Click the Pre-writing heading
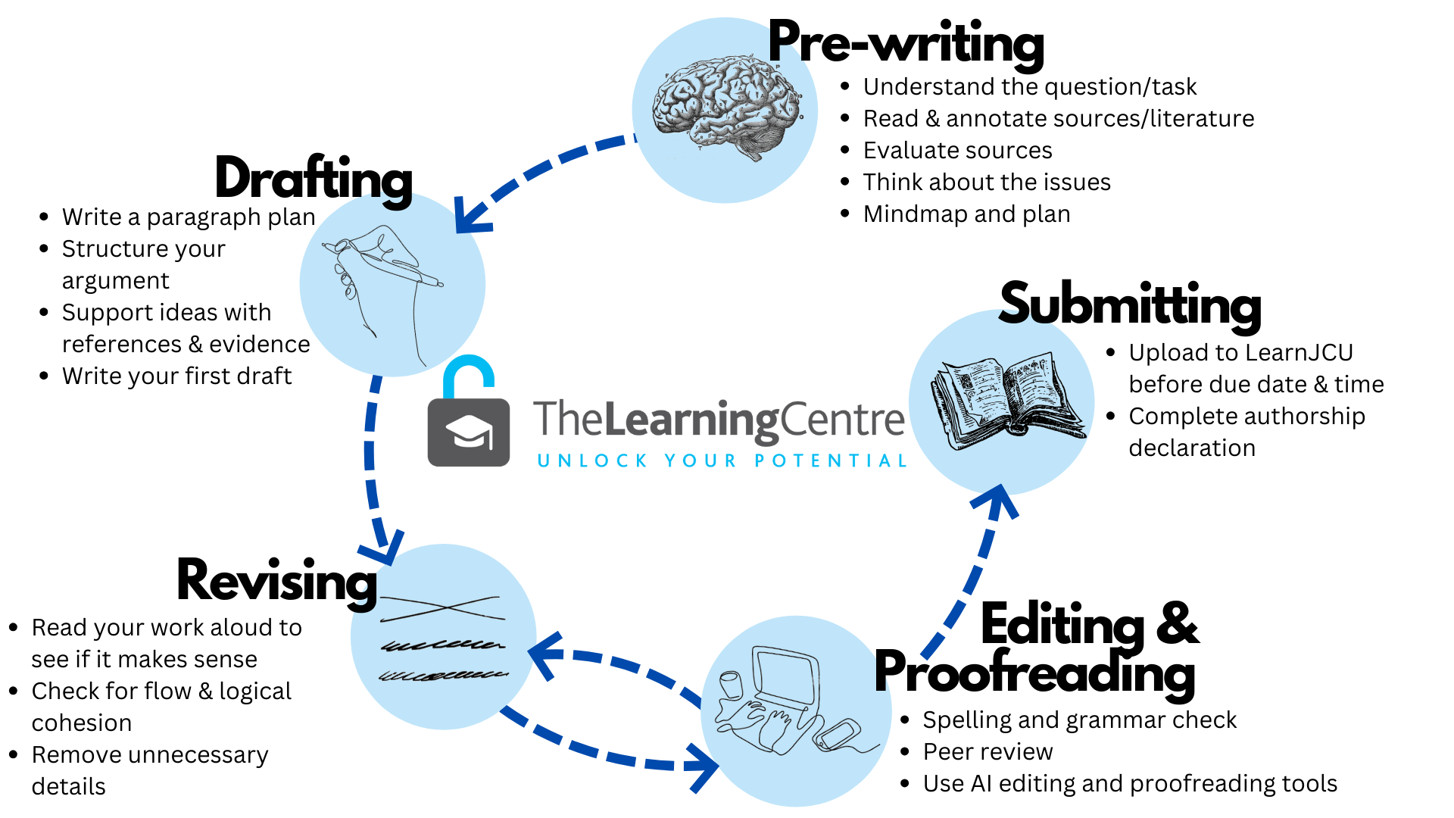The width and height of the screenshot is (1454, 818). point(906,43)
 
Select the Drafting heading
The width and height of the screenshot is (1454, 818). point(314,180)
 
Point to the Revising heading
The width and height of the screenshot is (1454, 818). point(277,582)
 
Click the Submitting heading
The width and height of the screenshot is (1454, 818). point(1130,305)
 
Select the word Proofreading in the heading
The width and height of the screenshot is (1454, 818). point(1035,673)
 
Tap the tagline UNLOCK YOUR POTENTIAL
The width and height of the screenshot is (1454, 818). point(722,461)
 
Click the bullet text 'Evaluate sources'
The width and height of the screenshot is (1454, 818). point(958,151)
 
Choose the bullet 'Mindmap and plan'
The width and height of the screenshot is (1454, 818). point(967,214)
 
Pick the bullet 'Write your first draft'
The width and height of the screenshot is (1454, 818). point(177,376)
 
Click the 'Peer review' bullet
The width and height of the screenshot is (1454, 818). point(988,752)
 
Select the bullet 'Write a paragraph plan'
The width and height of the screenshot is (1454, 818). point(189,217)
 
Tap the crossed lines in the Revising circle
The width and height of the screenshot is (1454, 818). point(442,608)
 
